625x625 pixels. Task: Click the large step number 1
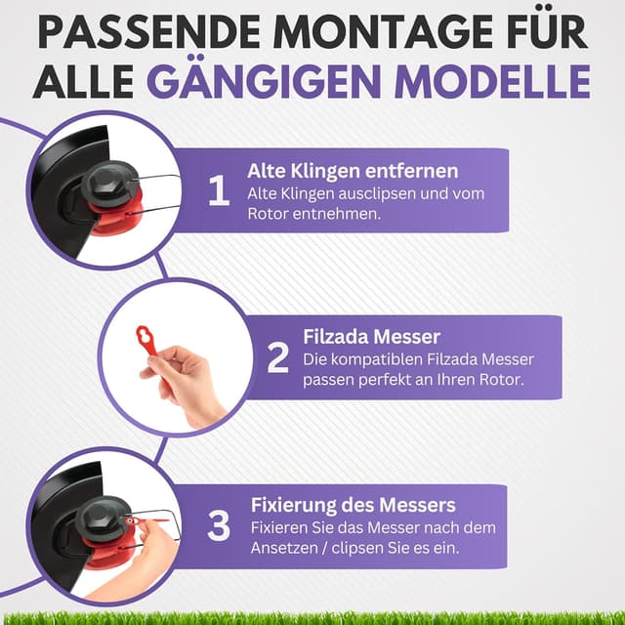219,191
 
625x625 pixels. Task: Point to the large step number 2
278,358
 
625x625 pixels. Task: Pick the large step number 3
220,526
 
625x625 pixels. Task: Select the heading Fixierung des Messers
353,506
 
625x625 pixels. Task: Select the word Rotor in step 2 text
500,380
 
